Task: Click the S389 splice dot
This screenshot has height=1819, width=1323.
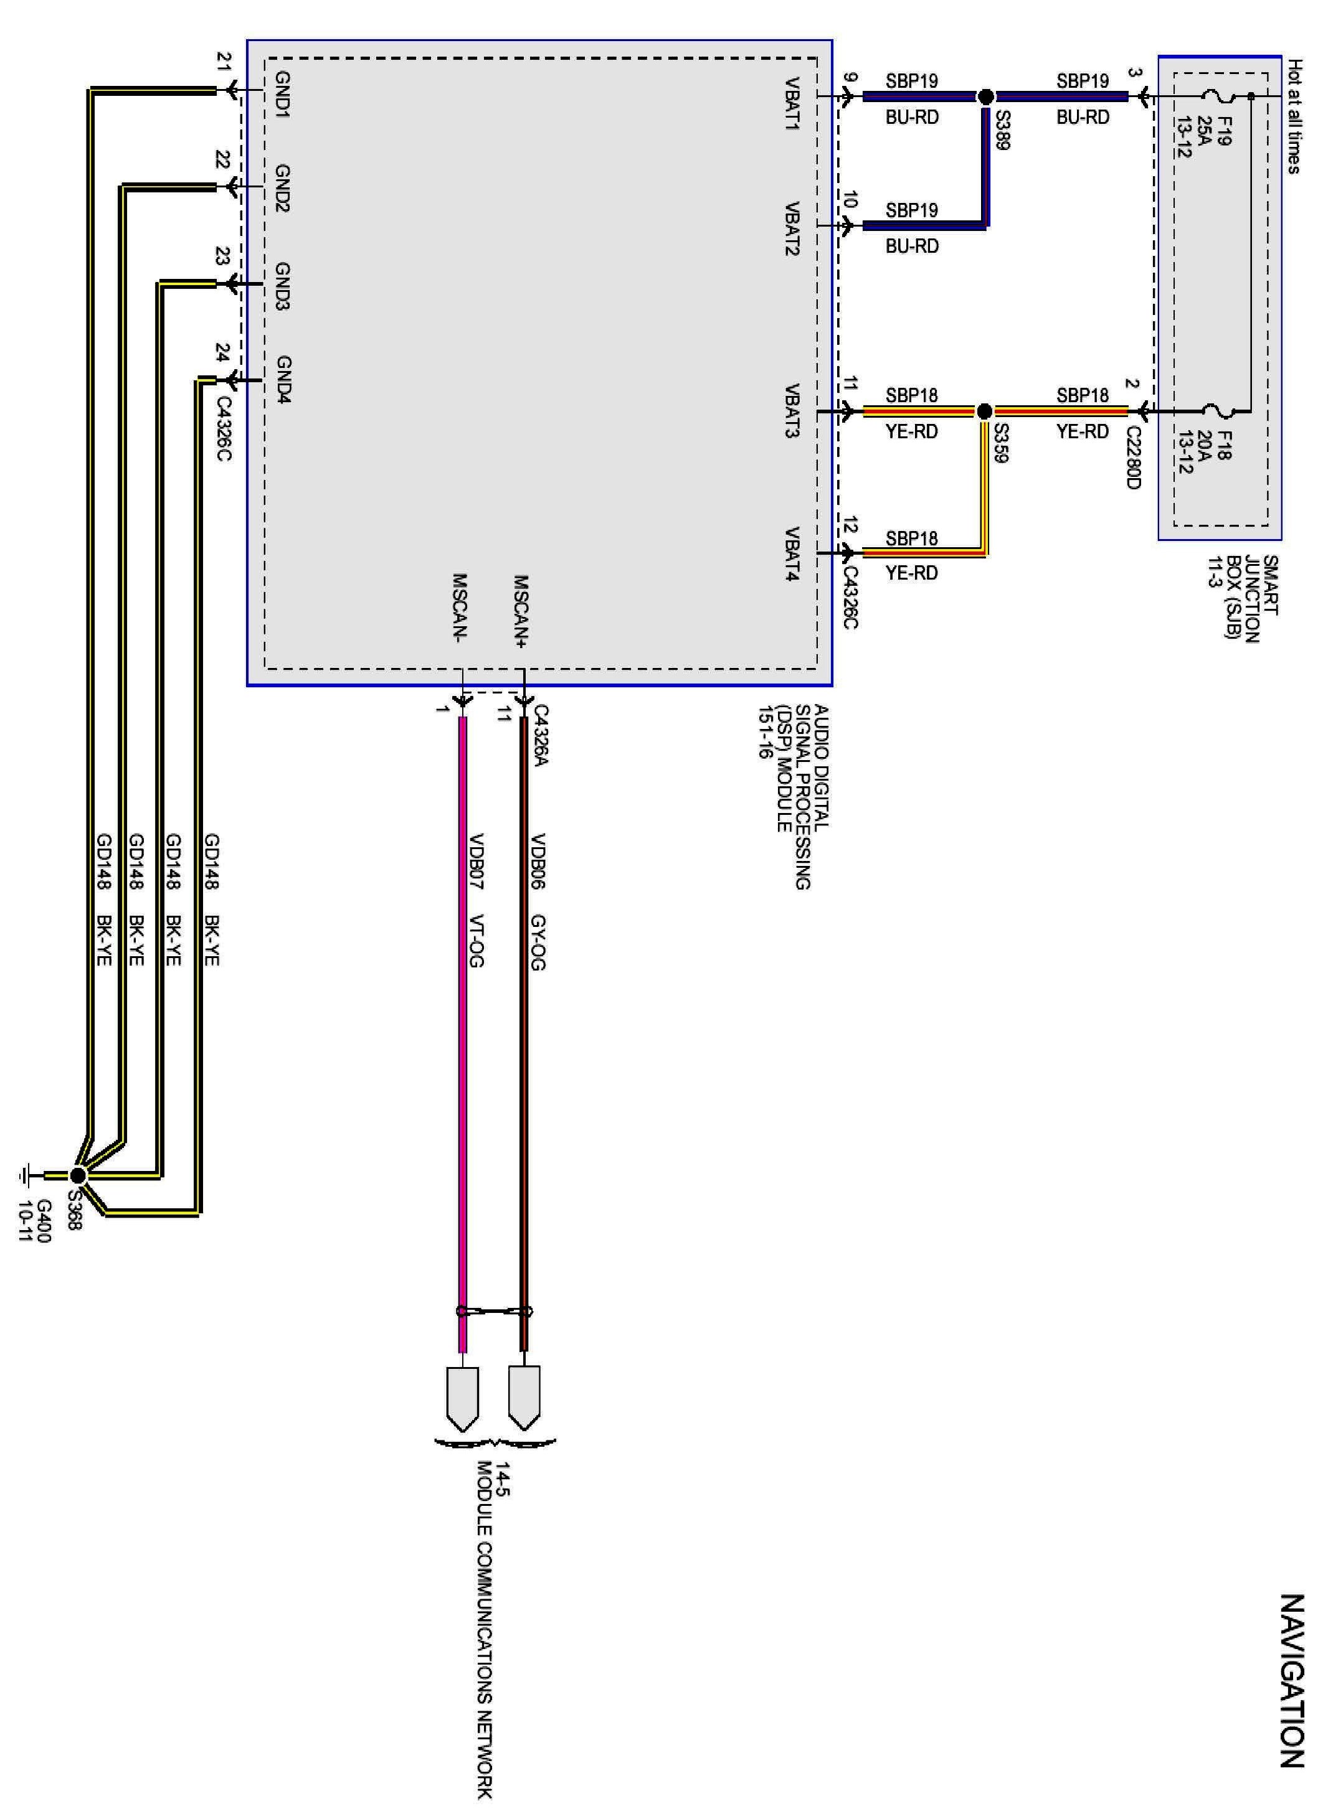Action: pyautogui.click(x=986, y=96)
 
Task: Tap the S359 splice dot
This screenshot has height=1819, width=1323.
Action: pyautogui.click(x=985, y=411)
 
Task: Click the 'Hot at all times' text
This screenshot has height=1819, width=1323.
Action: pyautogui.click(x=1293, y=116)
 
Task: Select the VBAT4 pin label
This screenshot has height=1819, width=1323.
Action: pyautogui.click(x=794, y=553)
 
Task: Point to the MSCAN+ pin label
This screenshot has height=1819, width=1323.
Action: pyautogui.click(x=521, y=611)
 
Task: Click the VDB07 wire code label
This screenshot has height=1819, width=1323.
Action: pyautogui.click(x=477, y=862)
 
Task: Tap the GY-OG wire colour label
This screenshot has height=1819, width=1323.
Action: pyautogui.click(x=538, y=942)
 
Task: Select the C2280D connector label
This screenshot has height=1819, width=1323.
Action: pyautogui.click(x=1133, y=456)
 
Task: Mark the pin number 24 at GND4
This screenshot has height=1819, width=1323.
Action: pyautogui.click(x=222, y=352)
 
